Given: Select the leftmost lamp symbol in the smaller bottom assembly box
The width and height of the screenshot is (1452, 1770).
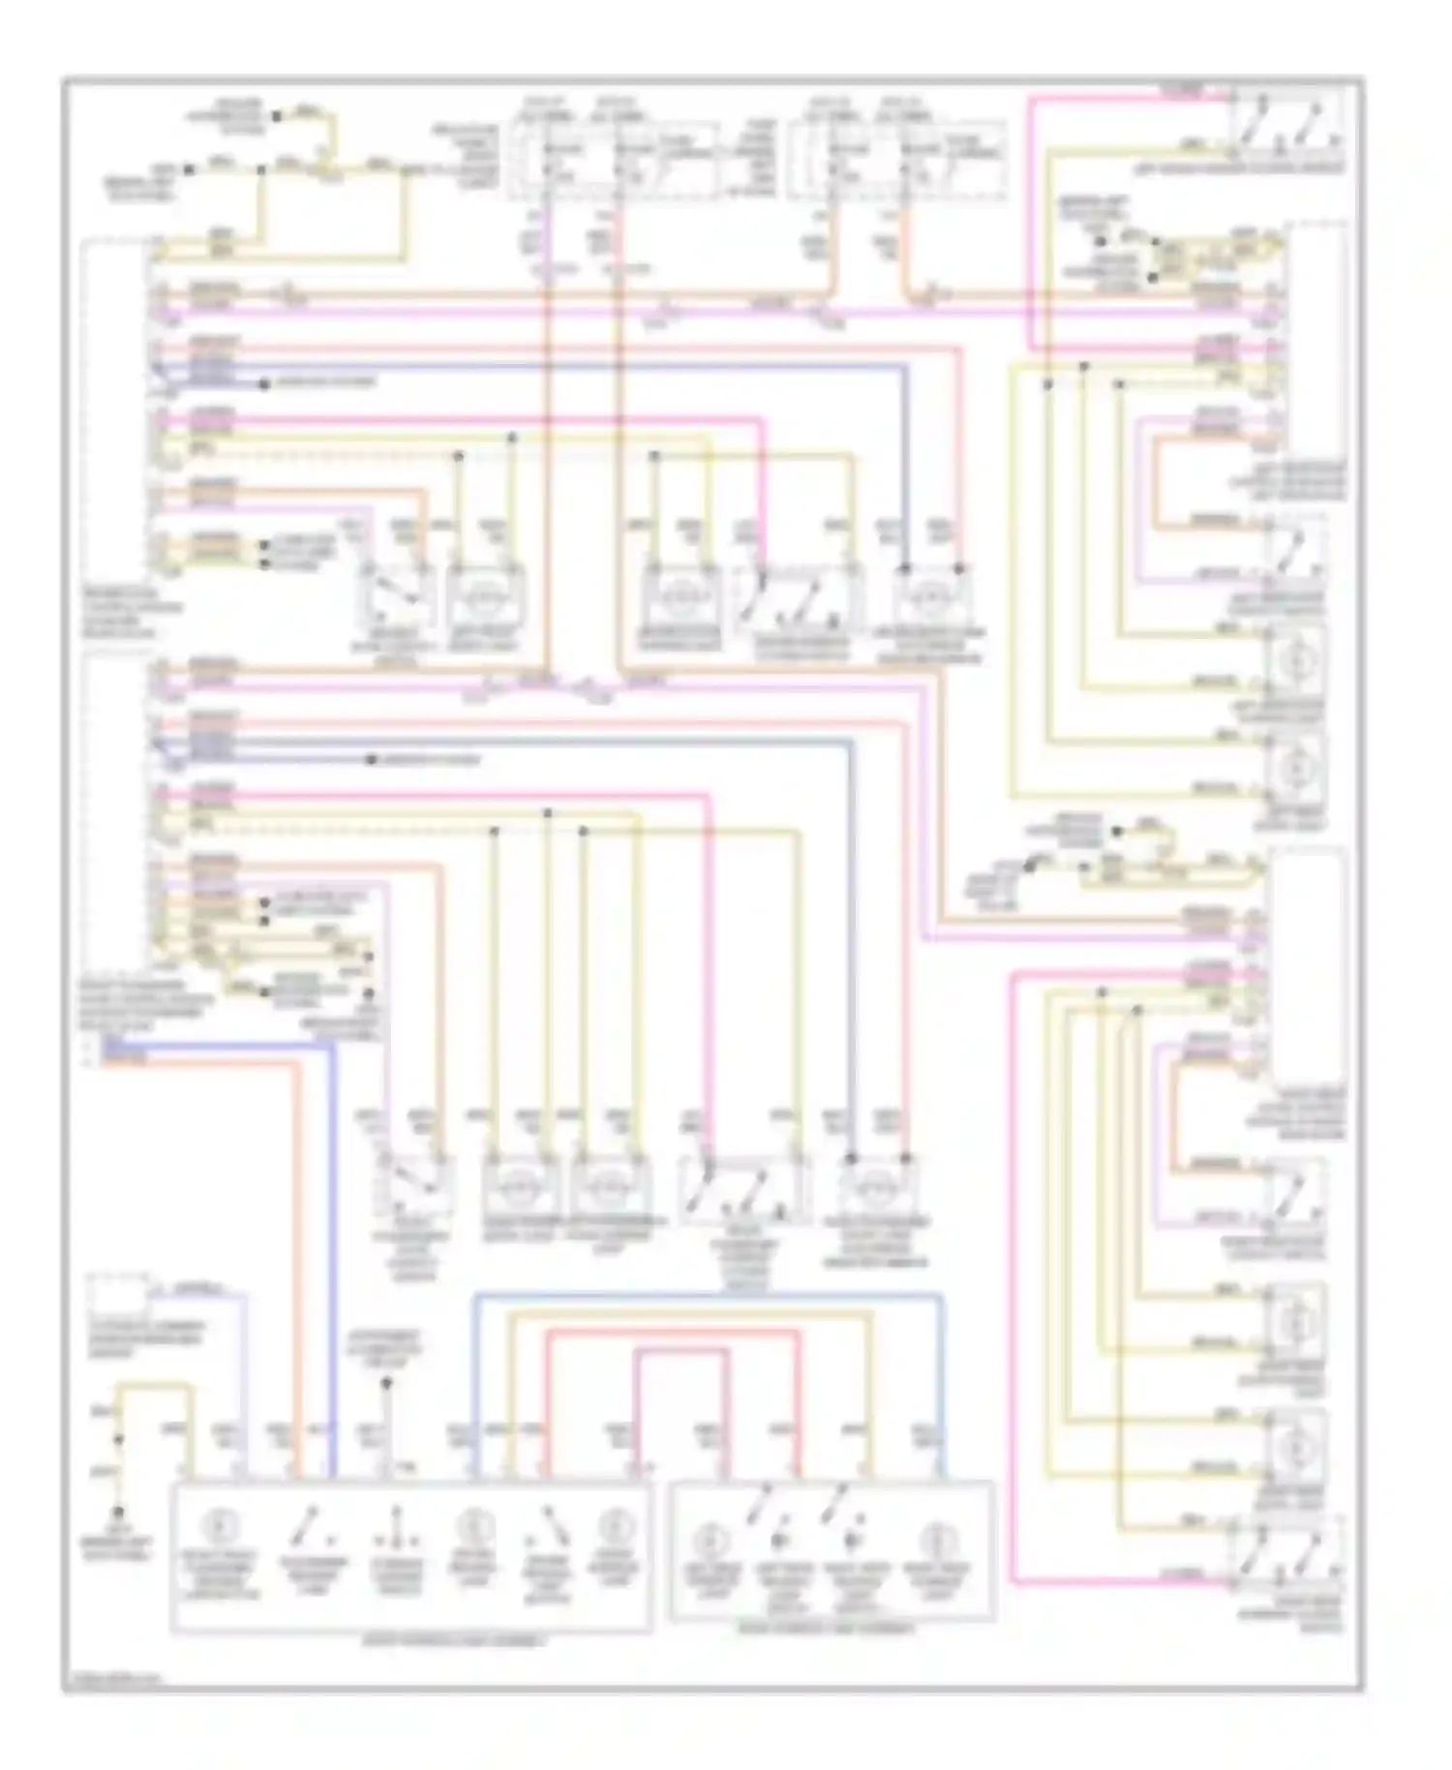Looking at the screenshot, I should pyautogui.click(x=711, y=1539).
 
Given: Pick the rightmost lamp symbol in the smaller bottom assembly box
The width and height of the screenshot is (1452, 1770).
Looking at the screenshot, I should pyautogui.click(x=935, y=1539).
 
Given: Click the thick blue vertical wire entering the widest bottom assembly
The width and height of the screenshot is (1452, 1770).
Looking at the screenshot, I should pyautogui.click(x=332, y=1259).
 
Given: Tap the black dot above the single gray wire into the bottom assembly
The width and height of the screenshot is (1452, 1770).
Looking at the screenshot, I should pyautogui.click(x=385, y=1385).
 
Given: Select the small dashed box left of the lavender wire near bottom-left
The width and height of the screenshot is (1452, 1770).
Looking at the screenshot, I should pyautogui.click(x=118, y=1296).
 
